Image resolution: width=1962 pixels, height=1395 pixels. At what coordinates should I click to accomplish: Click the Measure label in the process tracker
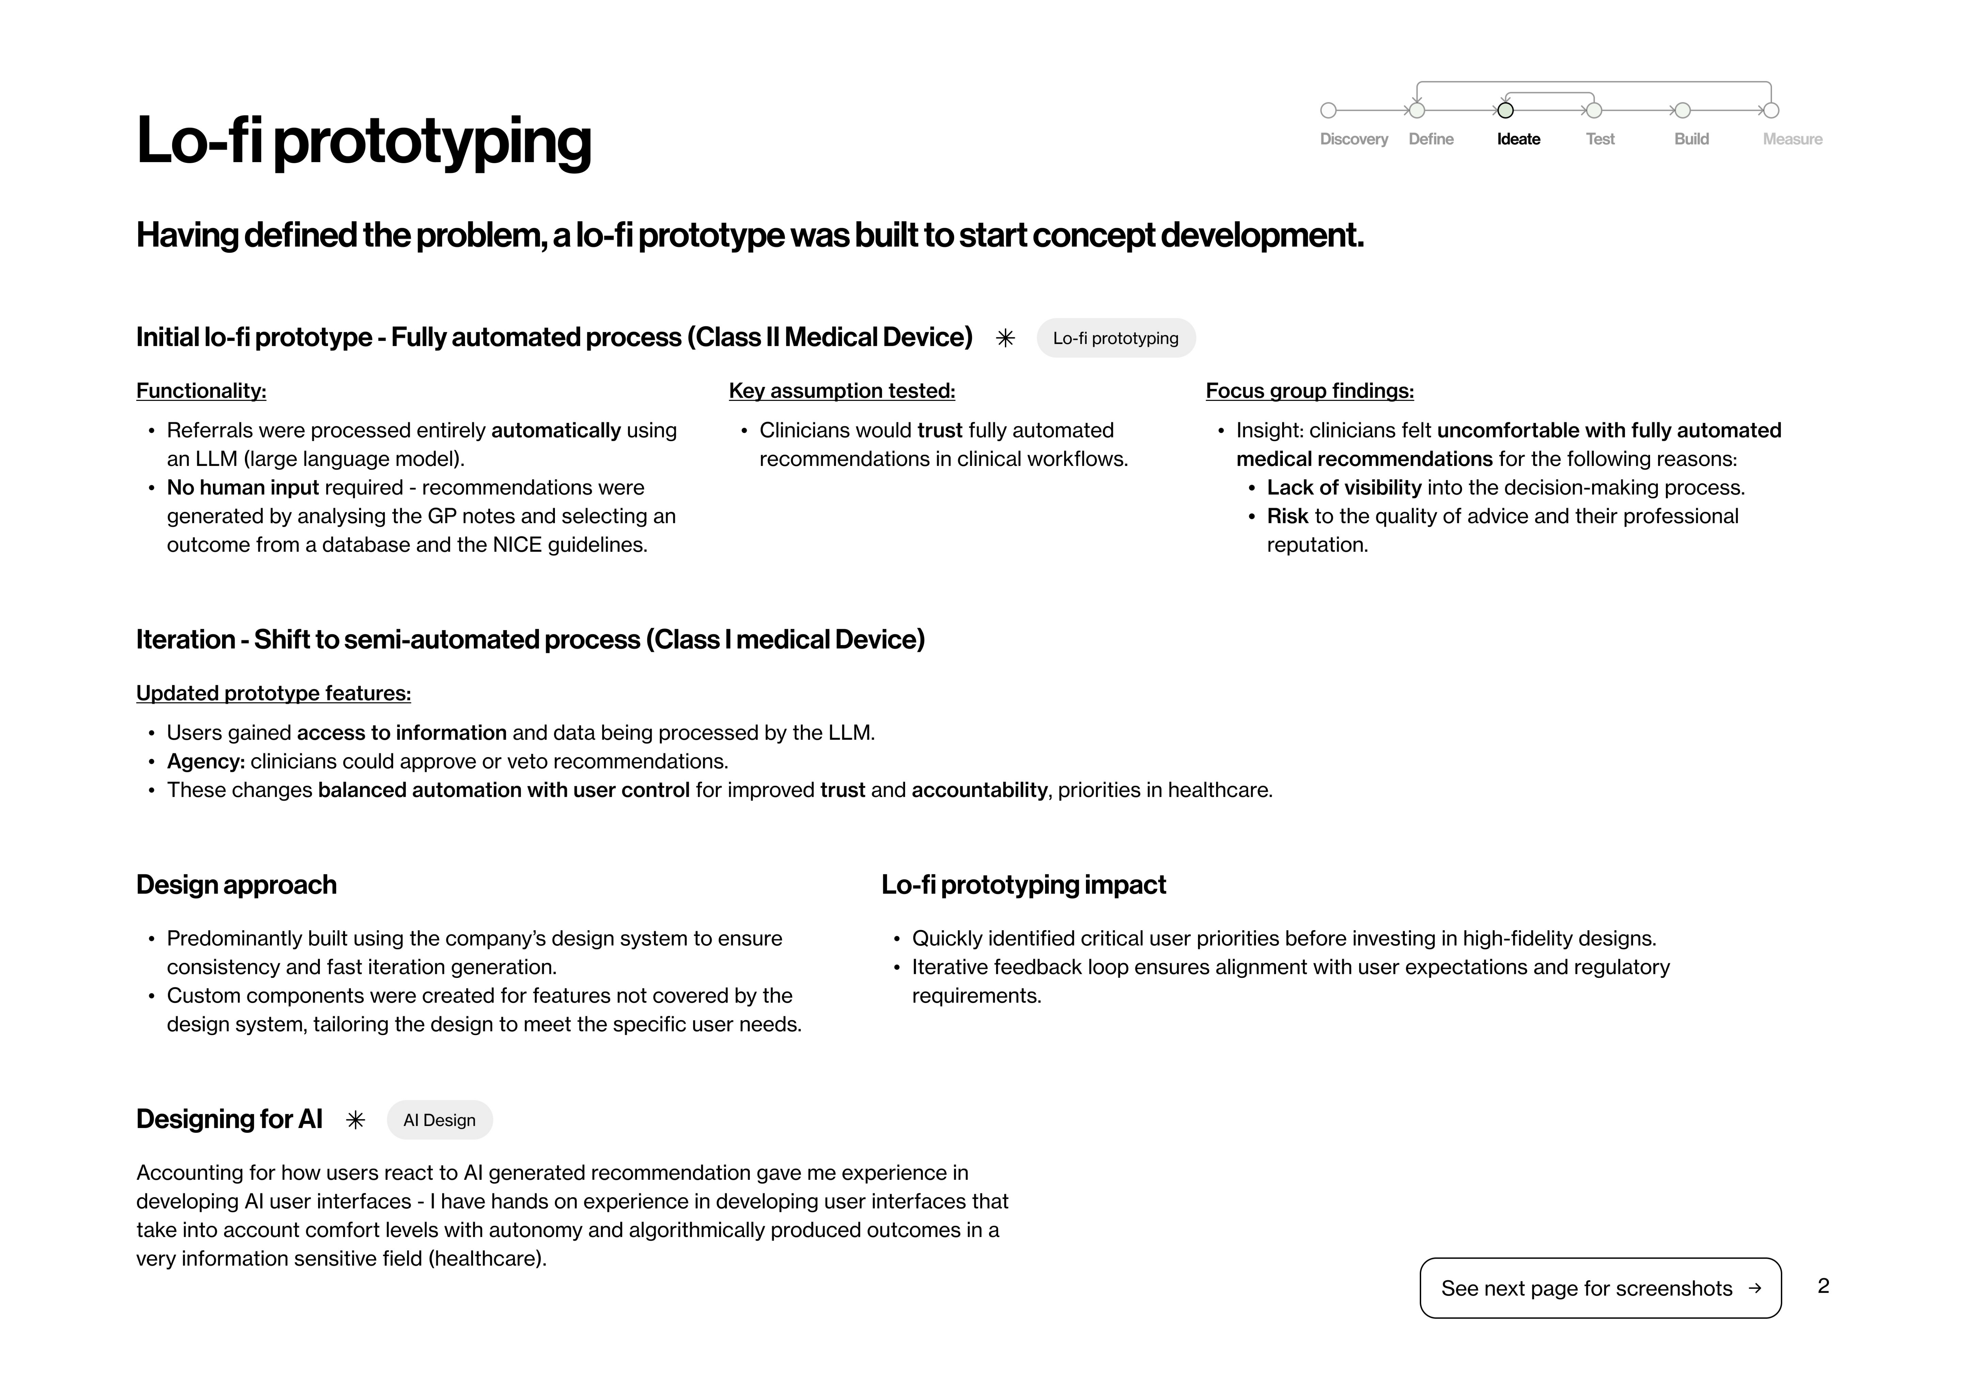point(1792,139)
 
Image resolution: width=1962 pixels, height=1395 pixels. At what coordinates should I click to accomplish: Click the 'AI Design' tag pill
point(439,1120)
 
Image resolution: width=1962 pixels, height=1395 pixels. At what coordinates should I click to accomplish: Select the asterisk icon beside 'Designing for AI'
point(356,1120)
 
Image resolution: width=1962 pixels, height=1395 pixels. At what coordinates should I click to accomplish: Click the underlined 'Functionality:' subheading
point(201,391)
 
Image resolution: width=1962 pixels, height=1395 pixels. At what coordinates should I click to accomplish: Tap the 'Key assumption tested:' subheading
point(842,391)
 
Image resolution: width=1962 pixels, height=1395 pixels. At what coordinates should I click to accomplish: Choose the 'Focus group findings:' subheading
point(1309,391)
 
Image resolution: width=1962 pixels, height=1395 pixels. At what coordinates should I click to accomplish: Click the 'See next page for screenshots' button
point(1599,1288)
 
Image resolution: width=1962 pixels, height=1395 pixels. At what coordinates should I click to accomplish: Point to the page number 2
point(1823,1286)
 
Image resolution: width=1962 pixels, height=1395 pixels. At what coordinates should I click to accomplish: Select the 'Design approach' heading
point(236,885)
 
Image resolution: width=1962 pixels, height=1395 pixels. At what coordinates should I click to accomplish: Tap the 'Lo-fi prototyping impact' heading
point(1023,885)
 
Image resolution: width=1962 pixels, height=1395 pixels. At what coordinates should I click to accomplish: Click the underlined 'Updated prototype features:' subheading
point(273,693)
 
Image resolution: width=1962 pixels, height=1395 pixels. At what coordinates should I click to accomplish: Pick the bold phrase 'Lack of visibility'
point(1344,488)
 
